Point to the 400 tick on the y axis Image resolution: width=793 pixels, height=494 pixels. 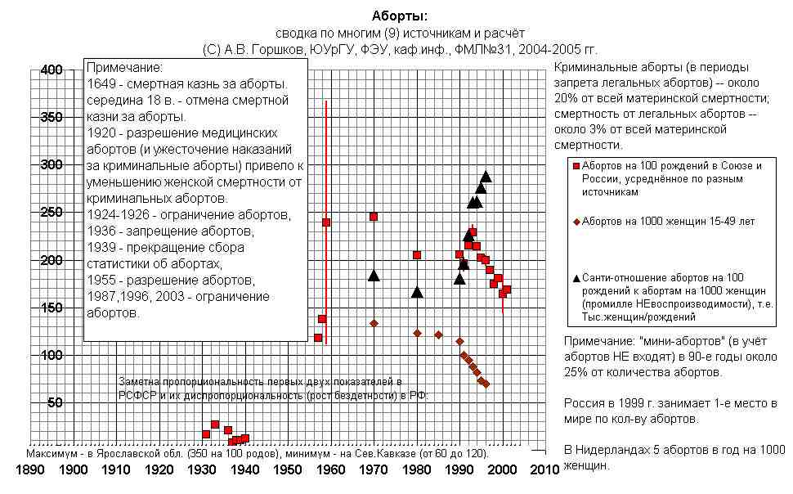(x=52, y=70)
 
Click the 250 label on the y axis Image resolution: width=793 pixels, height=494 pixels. (x=52, y=213)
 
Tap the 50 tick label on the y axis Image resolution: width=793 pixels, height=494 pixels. (x=55, y=402)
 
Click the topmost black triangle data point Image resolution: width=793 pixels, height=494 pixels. (x=486, y=177)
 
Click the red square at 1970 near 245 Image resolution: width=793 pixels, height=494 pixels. (x=374, y=217)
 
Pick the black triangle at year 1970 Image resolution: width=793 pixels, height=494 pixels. (x=374, y=276)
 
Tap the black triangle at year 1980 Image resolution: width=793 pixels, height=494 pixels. (x=417, y=292)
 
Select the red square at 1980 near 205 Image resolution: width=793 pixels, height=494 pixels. (x=417, y=255)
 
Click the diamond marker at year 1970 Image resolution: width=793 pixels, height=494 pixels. (x=374, y=323)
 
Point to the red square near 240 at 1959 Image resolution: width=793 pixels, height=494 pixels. (x=326, y=222)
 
